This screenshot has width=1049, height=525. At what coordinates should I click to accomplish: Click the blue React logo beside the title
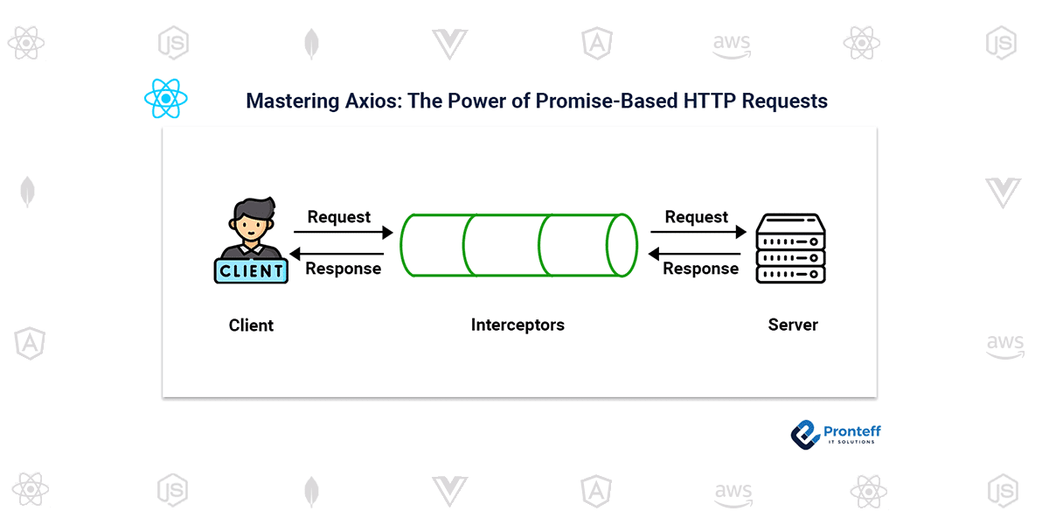166,99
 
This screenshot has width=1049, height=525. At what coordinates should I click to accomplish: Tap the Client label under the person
251,325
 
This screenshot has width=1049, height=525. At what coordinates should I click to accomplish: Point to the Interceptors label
518,325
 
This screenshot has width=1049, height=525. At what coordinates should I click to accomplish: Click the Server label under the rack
793,325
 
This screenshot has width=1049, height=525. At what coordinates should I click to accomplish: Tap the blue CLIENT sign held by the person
251,270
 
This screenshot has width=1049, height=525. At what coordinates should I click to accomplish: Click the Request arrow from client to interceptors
343,233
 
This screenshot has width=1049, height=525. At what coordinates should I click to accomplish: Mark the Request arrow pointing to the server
698,233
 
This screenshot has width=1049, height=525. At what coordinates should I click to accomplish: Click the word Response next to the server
700,269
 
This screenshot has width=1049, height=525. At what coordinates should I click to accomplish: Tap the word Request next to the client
339,217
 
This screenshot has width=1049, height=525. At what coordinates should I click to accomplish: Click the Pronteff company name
852,430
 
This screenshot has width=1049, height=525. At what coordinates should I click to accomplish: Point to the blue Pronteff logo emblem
804,433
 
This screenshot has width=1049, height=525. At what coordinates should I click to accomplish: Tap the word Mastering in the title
285,101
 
